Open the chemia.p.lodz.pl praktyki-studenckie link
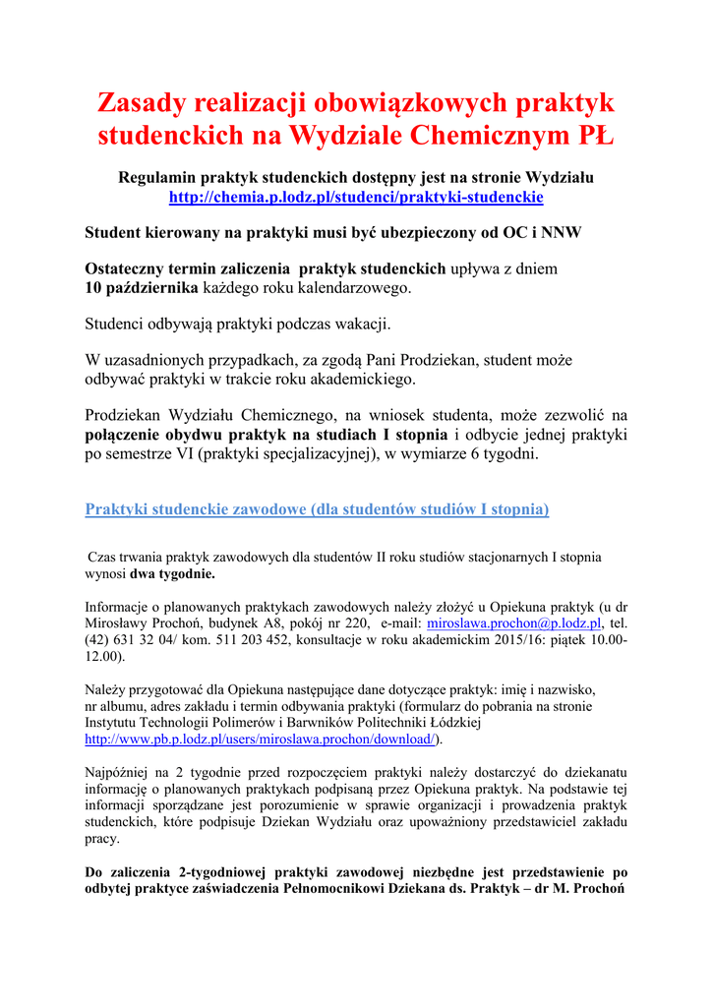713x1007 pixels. click(356, 197)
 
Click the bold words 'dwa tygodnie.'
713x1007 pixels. click(173, 572)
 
